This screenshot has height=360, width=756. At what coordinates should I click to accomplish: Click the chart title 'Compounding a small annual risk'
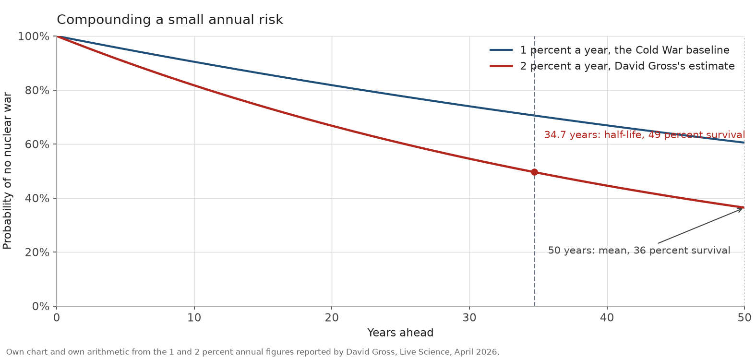170,20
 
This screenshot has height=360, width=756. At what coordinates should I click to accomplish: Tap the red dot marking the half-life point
534,172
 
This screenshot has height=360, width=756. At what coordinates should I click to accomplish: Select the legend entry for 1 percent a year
610,50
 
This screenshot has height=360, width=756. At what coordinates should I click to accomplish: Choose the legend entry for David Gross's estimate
612,66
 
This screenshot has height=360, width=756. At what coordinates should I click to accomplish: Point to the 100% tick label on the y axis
34,36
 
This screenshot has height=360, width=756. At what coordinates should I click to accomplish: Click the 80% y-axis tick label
37,90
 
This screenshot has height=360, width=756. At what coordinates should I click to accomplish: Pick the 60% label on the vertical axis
37,144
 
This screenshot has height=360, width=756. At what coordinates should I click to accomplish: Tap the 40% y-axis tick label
37,198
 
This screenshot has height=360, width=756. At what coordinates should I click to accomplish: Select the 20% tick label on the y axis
37,252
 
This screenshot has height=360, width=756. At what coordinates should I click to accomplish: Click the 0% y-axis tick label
40,306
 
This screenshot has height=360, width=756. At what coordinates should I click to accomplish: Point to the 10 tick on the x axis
194,317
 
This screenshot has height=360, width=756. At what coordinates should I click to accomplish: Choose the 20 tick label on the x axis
332,317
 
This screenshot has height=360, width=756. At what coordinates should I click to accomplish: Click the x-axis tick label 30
469,317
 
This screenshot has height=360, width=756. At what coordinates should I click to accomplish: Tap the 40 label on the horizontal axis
607,317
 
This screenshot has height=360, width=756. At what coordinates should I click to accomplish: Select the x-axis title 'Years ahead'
400,333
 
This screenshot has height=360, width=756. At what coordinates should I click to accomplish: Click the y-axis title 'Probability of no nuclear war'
7,171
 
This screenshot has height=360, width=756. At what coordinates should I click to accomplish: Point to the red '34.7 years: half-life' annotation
644,135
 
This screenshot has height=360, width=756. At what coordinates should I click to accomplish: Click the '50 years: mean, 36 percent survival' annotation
639,251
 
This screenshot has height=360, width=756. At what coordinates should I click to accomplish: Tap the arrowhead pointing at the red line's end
740,210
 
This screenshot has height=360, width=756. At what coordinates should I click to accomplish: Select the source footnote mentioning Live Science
252,352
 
